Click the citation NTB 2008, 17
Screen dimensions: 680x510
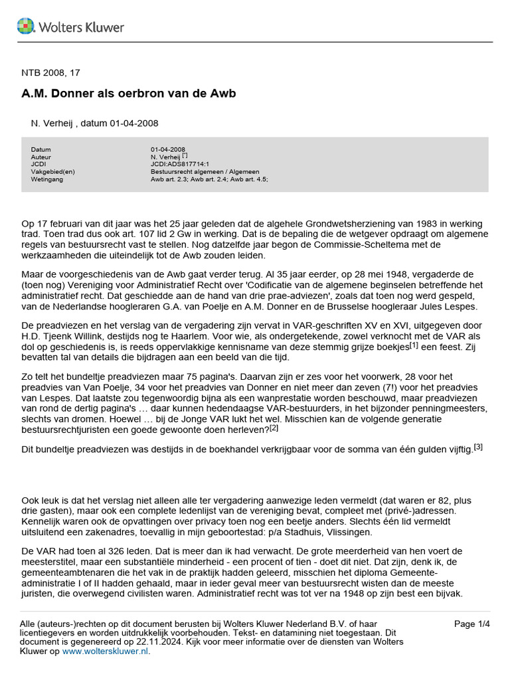pyautogui.click(x=50, y=72)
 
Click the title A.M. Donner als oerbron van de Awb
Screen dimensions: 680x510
pyautogui.click(x=129, y=94)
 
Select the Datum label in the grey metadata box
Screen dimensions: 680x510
pyautogui.click(x=41, y=149)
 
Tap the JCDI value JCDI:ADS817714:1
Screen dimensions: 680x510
pyautogui.click(x=180, y=164)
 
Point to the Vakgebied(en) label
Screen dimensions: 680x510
pyautogui.click(x=53, y=171)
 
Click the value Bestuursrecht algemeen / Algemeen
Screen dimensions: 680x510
pyautogui.click(x=205, y=171)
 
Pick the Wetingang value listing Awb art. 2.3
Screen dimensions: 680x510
pyautogui.click(x=209, y=179)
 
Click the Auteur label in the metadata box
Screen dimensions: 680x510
pyautogui.click(x=41, y=157)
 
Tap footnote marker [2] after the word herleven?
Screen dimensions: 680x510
pyautogui.click(x=274, y=428)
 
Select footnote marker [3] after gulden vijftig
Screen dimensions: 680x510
pyautogui.click(x=478, y=447)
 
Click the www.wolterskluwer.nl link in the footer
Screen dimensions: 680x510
pyautogui.click(x=106, y=651)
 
